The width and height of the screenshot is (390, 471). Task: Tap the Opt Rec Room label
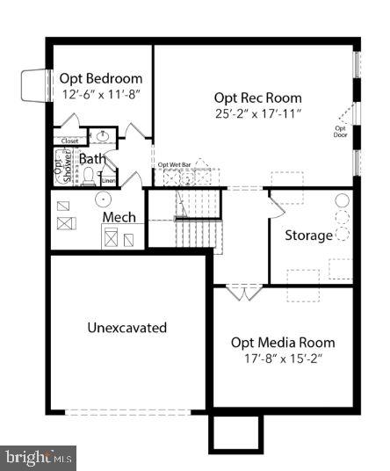[x=258, y=98]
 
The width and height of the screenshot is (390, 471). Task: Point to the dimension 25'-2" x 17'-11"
[x=258, y=113]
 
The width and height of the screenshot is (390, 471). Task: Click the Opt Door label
[x=340, y=133]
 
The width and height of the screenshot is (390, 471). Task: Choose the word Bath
[x=92, y=159]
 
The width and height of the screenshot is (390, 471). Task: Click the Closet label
[x=70, y=141]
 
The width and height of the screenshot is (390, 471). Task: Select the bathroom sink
[x=102, y=137]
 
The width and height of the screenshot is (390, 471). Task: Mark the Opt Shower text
[x=60, y=167]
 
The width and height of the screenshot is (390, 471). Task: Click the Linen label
[x=108, y=181]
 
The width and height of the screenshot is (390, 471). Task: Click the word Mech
[x=119, y=217]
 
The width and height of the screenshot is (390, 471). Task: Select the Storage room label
[x=308, y=235]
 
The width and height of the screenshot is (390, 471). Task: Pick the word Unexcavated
[x=127, y=328]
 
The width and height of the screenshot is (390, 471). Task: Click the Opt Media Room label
[x=283, y=342]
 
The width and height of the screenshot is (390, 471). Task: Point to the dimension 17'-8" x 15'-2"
[x=283, y=358]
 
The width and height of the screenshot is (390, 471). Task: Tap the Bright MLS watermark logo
[x=40, y=457]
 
